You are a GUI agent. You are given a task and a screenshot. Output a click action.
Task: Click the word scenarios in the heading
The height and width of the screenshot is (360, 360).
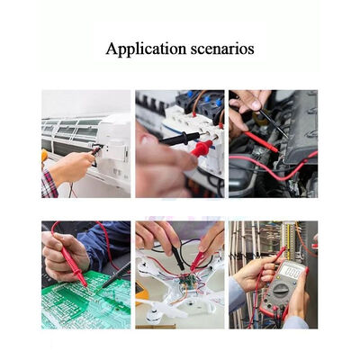222,49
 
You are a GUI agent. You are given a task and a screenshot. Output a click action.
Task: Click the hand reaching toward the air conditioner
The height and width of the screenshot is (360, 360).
72,166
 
